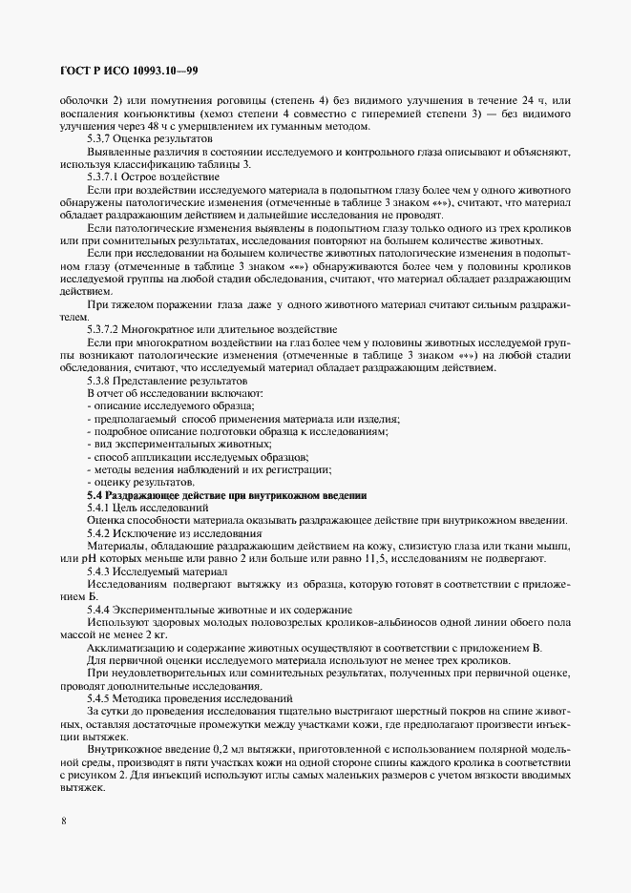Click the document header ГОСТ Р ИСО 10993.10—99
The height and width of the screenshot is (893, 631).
tap(128, 72)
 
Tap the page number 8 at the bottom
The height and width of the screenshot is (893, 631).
tap(63, 819)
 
